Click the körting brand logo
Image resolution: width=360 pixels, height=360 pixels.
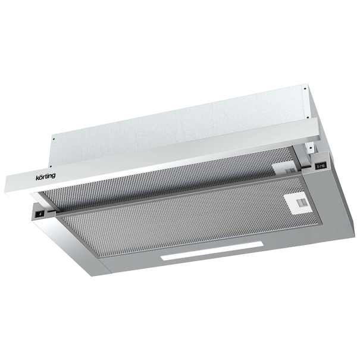45,177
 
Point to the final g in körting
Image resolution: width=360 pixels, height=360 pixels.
54,176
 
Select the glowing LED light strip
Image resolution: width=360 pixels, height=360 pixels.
212,251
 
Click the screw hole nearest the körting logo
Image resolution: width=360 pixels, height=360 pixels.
51,166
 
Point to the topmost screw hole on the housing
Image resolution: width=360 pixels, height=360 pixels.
305,89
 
